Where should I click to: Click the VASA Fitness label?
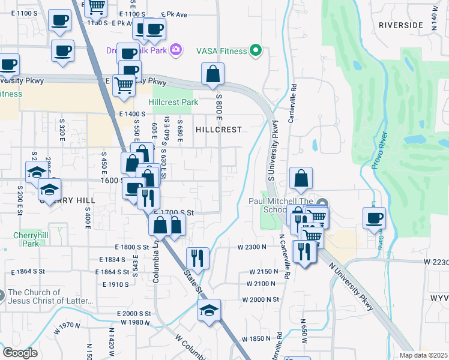221,51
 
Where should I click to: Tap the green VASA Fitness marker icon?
256,50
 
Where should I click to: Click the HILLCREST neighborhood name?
218,130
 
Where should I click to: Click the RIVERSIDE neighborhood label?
400,25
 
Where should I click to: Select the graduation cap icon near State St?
209,310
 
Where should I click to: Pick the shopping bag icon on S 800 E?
213,74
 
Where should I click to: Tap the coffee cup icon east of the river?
374,218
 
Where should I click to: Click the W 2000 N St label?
261,299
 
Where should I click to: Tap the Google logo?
20,353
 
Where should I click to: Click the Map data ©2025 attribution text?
423,355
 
